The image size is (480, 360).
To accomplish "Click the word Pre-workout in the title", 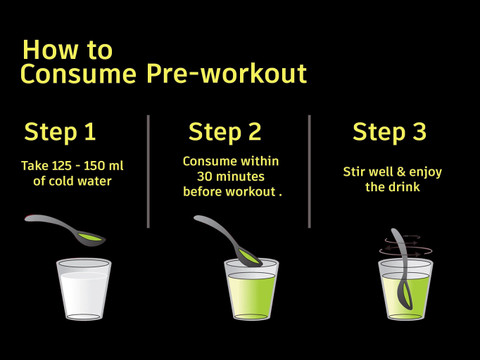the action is (227, 74).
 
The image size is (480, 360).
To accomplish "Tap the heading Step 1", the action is (60, 132).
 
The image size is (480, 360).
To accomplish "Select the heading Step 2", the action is (225, 132).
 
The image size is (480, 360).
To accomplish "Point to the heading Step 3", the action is (389, 132).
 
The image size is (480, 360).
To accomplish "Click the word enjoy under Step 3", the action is (425, 173).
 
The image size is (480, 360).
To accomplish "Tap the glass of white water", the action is (84, 289).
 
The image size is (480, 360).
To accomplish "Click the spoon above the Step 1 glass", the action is (65, 230).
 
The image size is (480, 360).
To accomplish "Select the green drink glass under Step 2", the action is (251, 289).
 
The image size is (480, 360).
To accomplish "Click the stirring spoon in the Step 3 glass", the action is (402, 269).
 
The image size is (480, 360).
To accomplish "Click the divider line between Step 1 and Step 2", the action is (148, 172).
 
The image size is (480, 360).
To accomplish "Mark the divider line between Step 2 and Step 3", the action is (309, 172).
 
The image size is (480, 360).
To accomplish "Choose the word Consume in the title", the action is (78, 74).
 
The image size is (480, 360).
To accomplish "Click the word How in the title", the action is (49, 50).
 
